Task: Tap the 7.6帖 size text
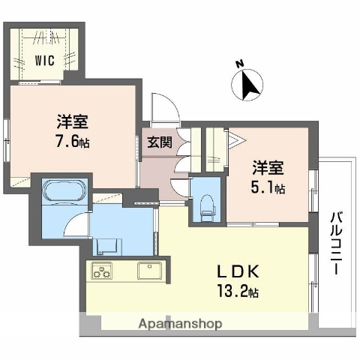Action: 72,141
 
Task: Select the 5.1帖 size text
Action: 268,187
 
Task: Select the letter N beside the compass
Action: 238,64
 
